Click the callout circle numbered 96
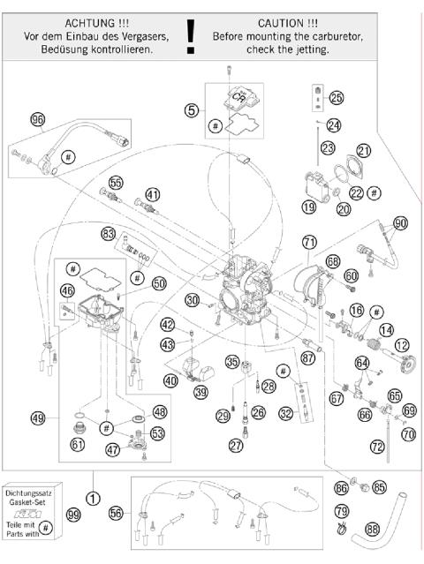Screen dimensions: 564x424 (37, 119)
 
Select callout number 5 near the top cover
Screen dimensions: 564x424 (191, 110)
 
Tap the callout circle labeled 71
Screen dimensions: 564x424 (308, 241)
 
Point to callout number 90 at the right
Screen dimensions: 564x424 (401, 224)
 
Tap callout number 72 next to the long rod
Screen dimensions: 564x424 (378, 448)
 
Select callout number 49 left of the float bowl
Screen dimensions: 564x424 (37, 418)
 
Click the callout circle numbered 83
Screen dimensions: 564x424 (110, 235)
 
